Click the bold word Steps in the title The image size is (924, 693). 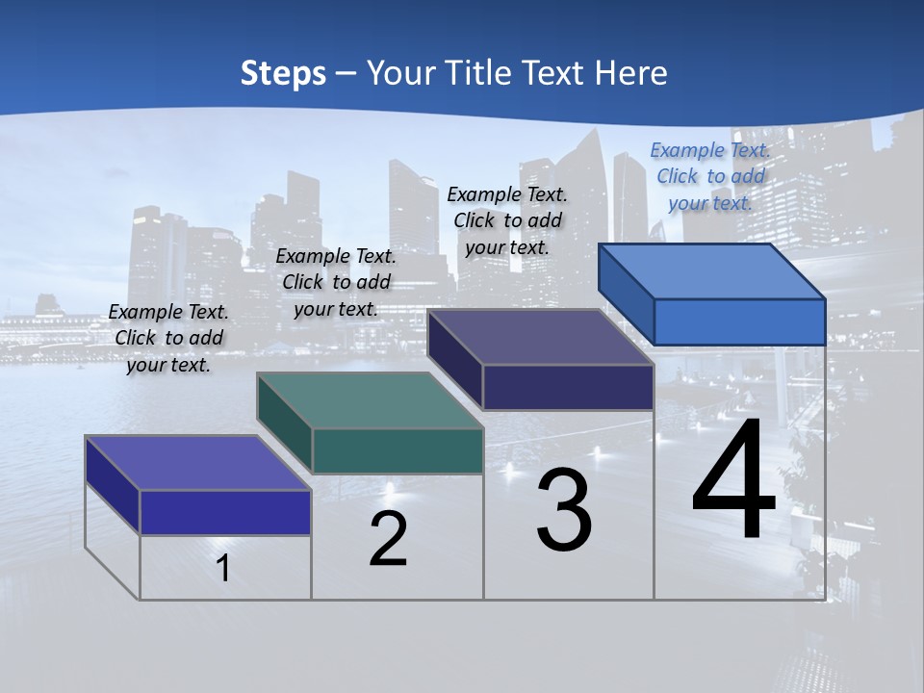(x=282, y=73)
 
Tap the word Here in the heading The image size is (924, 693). (x=630, y=73)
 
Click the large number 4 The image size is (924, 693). (x=734, y=482)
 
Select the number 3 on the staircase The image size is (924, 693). (x=564, y=510)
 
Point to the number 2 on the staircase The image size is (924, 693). (x=388, y=539)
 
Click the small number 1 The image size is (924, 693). (x=223, y=568)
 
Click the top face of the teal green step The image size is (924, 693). (x=370, y=400)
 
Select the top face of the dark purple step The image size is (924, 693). (x=541, y=337)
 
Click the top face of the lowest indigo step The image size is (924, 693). (x=197, y=463)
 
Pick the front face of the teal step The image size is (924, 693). (x=398, y=450)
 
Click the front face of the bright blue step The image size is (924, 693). (x=739, y=321)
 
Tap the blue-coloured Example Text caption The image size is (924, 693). (x=710, y=176)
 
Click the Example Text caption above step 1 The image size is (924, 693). (x=168, y=338)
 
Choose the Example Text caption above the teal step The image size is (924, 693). (x=336, y=282)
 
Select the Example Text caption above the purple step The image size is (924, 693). (x=507, y=220)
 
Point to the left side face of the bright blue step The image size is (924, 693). (x=627, y=294)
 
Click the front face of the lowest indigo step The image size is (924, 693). (x=225, y=512)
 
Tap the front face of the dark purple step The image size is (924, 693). (x=568, y=387)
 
